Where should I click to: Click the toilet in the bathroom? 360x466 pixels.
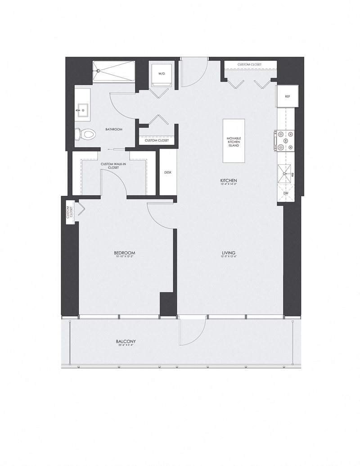click(86, 134)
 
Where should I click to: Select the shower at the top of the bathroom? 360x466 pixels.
click(114, 72)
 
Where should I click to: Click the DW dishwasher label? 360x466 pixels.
click(285, 194)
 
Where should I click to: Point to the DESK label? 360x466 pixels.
click(168, 172)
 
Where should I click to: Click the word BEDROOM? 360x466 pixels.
click(124, 253)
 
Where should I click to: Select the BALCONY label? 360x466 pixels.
click(126, 342)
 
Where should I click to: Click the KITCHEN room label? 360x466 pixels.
click(229, 180)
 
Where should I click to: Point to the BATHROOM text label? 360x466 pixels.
click(114, 129)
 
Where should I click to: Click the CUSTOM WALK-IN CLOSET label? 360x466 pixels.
click(113, 166)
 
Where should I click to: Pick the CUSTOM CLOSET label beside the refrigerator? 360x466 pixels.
click(251, 64)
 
